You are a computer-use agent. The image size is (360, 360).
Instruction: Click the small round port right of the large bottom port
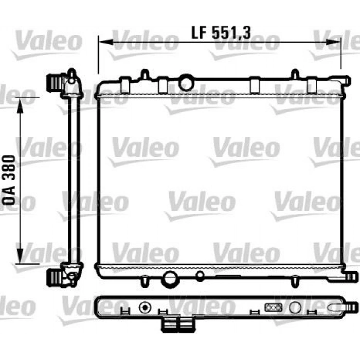(x=200, y=276)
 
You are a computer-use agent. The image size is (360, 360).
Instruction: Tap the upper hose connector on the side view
(x=53, y=82)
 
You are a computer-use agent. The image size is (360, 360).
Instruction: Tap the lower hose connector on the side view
(x=53, y=277)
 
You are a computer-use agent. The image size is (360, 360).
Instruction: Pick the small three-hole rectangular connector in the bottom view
(x=272, y=308)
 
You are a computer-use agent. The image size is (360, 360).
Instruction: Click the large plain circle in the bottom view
(x=295, y=308)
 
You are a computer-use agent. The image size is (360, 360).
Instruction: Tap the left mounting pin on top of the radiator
(x=146, y=75)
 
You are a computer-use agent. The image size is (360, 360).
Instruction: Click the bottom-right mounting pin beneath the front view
(x=295, y=282)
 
